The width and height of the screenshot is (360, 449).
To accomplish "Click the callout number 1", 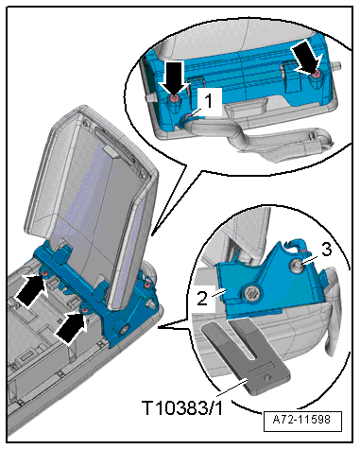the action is (208, 102).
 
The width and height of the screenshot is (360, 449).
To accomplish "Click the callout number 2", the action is (202, 298).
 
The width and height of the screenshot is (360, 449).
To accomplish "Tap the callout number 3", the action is (326, 250).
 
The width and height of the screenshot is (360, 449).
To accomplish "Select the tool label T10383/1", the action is (182, 407).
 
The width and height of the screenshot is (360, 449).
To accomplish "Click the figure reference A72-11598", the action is (302, 420).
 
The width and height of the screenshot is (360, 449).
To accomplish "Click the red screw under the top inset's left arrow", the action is (174, 99).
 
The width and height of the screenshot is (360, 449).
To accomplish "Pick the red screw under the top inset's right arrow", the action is (317, 75).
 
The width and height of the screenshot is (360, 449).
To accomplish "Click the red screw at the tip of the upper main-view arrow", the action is (45, 273).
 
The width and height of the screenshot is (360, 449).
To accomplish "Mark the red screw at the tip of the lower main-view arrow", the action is (85, 311).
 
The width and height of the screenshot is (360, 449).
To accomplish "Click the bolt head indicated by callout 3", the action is (297, 265).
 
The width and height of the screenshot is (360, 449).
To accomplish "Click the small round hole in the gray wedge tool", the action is (268, 377).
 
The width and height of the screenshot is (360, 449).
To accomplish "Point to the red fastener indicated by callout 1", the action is (188, 117).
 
